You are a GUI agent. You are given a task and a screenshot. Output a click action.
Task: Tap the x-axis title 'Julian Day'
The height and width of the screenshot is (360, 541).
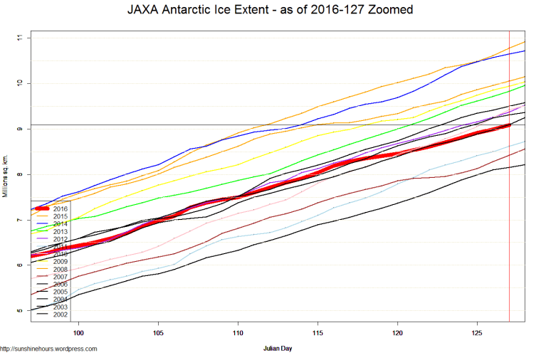pyautogui.click(x=278, y=349)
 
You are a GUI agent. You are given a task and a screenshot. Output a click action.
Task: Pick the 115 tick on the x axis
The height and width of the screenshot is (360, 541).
pyautogui.click(x=317, y=332)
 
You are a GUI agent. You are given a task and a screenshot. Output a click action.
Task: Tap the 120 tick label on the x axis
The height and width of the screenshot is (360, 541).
pyautogui.click(x=397, y=332)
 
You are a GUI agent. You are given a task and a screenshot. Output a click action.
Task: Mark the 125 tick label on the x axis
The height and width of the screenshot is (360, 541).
pyautogui.click(x=477, y=332)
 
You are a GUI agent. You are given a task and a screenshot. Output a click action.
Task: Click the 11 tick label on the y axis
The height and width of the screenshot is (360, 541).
pyautogui.click(x=19, y=37)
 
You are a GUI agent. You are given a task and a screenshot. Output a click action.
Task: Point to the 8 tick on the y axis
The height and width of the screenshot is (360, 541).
pyautogui.click(x=19, y=174)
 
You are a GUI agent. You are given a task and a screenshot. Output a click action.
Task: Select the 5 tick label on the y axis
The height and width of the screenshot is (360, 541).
pyautogui.click(x=19, y=311)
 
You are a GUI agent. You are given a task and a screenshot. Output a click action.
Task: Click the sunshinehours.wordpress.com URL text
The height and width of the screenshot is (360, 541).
pyautogui.click(x=48, y=349)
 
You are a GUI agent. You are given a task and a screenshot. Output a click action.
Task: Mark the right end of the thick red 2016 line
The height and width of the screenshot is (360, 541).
pyautogui.click(x=508, y=126)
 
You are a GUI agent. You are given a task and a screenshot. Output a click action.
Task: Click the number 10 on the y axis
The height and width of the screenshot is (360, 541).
pyautogui.click(x=19, y=83)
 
